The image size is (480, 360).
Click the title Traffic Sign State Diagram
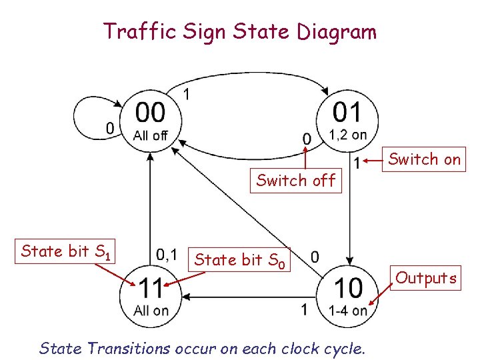pyautogui.click(x=240, y=31)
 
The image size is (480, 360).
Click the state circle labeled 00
pyautogui.click(x=151, y=121)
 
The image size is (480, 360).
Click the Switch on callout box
pyautogui.click(x=424, y=159)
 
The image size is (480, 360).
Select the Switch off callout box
pyautogui.click(x=295, y=180)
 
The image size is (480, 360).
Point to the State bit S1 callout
pyautogui.click(x=65, y=252)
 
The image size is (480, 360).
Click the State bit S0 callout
pyautogui.click(x=240, y=261)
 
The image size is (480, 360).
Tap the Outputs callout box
pyautogui.click(x=426, y=277)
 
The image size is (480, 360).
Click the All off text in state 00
pyautogui.click(x=151, y=135)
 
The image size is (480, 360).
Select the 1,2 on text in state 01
pyautogui.click(x=347, y=135)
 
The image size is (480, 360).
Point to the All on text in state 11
pyautogui.click(x=151, y=311)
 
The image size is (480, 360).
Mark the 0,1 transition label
pyautogui.click(x=167, y=254)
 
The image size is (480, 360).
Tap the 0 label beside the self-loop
pyautogui.click(x=110, y=128)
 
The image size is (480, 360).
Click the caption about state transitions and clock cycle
pyautogui.click(x=202, y=347)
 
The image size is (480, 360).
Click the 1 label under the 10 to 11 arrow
pyautogui.click(x=304, y=309)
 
